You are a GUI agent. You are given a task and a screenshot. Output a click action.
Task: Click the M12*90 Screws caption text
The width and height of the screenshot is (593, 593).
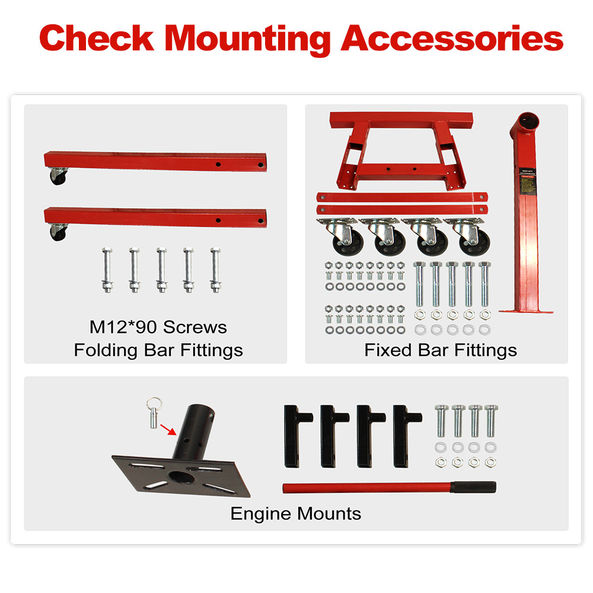point(158,327)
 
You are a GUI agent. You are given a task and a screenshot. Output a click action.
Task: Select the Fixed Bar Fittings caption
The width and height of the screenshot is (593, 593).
point(441,350)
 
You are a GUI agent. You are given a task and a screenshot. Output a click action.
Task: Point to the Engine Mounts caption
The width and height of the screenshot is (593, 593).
point(295,513)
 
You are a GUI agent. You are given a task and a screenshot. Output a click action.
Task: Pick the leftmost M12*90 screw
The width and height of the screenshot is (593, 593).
point(107,270)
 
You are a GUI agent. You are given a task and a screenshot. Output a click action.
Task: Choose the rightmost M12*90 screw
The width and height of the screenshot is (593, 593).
point(215,270)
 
